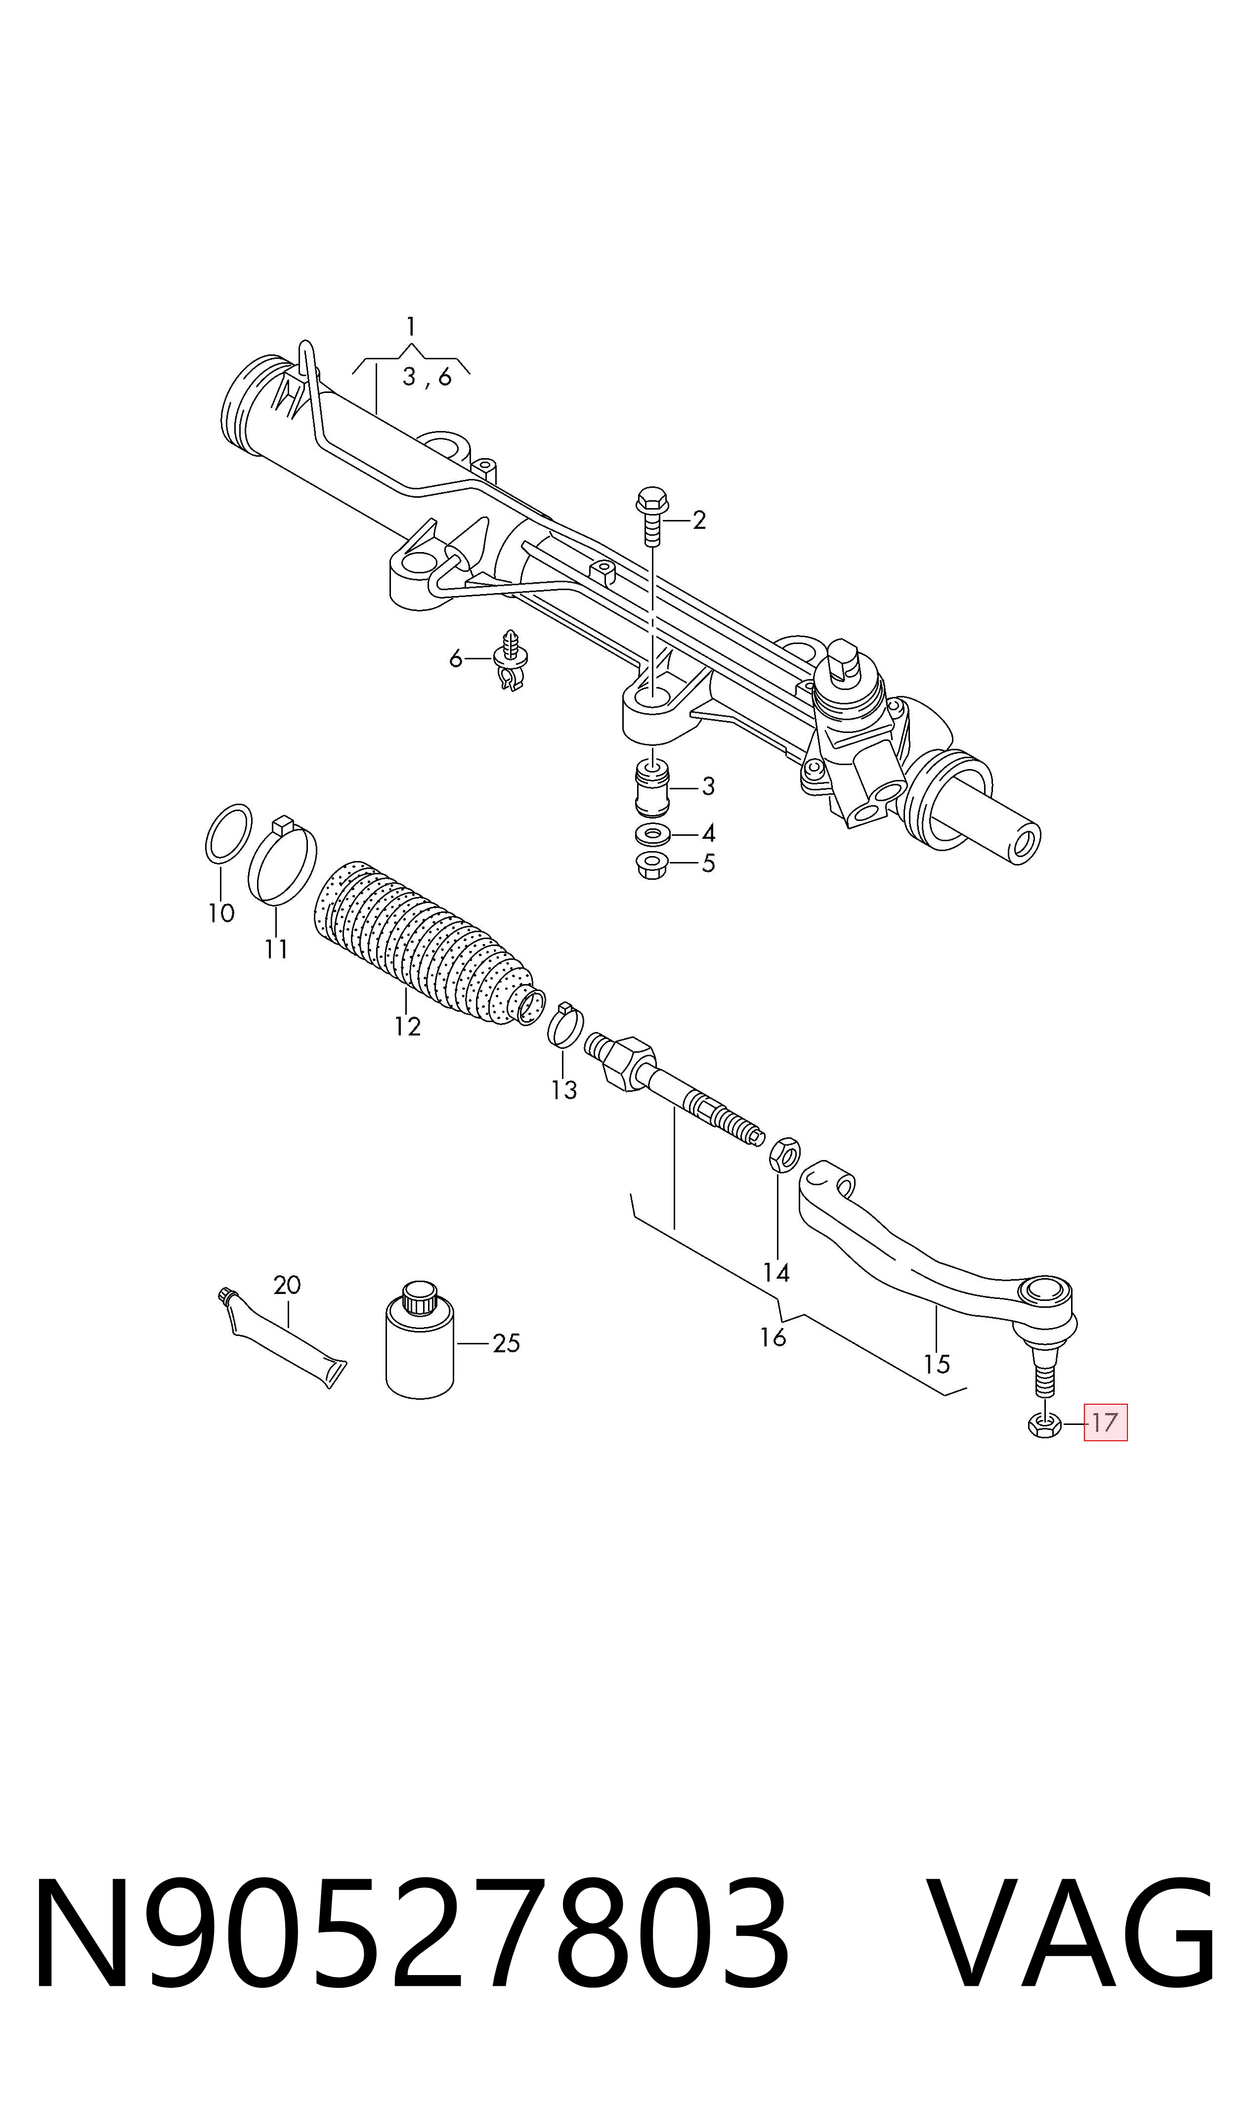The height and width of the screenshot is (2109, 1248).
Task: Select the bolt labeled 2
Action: (x=652, y=516)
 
